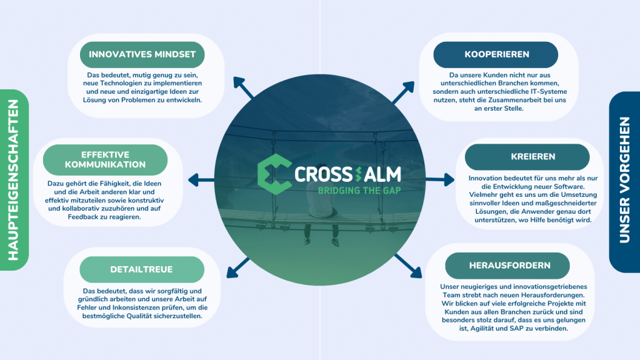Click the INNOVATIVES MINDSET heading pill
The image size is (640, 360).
pos(142,55)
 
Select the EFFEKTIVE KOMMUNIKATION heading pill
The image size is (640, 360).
pos(105,159)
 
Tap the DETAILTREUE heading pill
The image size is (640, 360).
pos(142,269)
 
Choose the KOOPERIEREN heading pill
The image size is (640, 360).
pos(496,55)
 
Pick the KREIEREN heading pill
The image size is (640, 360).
pos(527,157)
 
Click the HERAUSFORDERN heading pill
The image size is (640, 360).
pos(507,266)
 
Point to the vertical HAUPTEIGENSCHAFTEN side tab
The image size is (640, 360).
pos(14,180)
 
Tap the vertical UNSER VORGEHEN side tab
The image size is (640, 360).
pos(624,182)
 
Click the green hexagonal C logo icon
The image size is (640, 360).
pos(274,174)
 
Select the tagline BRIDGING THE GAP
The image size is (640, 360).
pos(359,191)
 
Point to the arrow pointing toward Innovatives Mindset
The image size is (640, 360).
pos(243,87)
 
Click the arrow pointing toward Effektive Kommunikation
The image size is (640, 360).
pos(201,180)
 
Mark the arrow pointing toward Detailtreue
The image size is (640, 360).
pos(238,267)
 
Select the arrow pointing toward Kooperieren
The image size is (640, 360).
pos(403,92)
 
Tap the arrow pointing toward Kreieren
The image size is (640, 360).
pos(440,179)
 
